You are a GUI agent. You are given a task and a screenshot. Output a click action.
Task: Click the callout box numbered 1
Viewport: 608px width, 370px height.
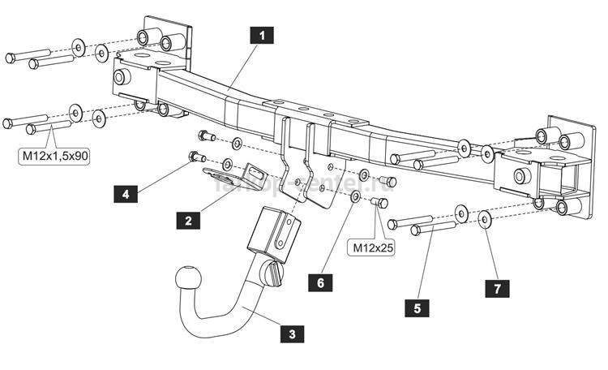(260, 36)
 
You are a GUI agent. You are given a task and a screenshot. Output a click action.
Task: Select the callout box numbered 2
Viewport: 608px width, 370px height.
(187, 219)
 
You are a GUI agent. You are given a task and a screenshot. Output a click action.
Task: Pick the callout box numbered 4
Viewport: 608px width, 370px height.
(125, 194)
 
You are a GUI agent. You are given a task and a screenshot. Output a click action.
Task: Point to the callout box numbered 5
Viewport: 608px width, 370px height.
(417, 308)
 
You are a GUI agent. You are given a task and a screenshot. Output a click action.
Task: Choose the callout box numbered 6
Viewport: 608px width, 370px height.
(321, 282)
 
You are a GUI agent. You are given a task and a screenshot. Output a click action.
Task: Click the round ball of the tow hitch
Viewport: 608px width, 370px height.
(186, 281)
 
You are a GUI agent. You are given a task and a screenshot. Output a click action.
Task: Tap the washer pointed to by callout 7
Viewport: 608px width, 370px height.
(484, 218)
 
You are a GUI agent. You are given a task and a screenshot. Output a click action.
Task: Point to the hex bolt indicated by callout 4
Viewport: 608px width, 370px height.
(195, 155)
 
